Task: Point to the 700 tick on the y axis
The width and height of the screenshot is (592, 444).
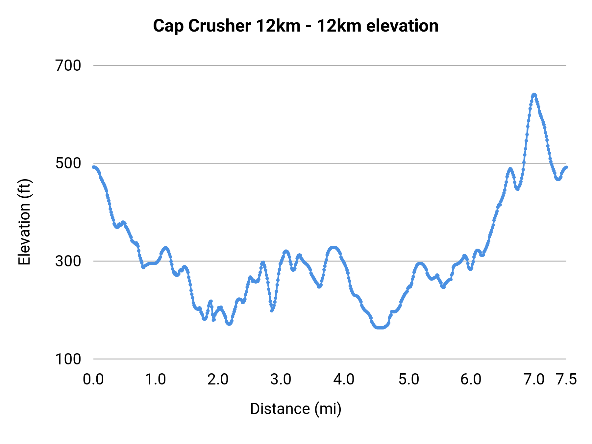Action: click(68, 65)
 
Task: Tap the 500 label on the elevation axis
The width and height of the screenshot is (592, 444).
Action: click(68, 163)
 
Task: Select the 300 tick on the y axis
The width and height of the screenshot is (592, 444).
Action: click(68, 261)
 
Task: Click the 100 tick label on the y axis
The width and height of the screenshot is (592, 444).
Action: click(68, 359)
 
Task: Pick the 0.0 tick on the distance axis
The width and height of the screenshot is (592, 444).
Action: click(93, 380)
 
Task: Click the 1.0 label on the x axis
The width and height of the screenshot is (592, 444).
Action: click(156, 380)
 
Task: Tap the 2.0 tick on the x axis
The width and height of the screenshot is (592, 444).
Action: click(218, 380)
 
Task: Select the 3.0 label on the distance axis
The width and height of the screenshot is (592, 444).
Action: click(281, 380)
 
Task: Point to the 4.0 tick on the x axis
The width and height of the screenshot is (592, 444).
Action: click(344, 380)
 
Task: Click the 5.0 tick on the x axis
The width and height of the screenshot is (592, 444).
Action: click(409, 380)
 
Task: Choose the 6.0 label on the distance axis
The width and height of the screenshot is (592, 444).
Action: click(471, 380)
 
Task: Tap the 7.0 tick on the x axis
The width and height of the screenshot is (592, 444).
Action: click(534, 380)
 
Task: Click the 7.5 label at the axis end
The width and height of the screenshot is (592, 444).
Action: click(566, 380)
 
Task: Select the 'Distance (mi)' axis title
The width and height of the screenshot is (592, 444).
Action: click(295, 409)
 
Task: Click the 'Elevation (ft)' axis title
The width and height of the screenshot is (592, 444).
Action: click(24, 222)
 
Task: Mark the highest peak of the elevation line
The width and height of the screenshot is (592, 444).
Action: click(534, 95)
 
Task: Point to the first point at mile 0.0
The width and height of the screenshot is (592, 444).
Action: click(94, 167)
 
